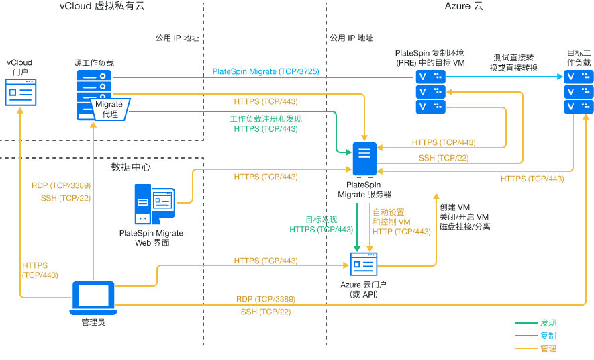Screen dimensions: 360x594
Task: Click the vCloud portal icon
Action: [x=21, y=91]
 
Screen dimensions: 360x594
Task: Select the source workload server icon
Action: [x=93, y=87]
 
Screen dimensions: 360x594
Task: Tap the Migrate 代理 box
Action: [x=109, y=109]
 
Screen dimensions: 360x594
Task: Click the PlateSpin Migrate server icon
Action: [x=364, y=160]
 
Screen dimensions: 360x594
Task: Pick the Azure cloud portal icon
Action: [x=364, y=265]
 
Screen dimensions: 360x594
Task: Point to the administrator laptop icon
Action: [x=93, y=298]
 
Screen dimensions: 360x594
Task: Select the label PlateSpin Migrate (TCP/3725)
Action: [x=266, y=71]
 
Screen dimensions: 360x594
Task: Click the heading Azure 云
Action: [x=464, y=7]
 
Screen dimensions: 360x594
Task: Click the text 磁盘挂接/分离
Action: [x=464, y=227]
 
